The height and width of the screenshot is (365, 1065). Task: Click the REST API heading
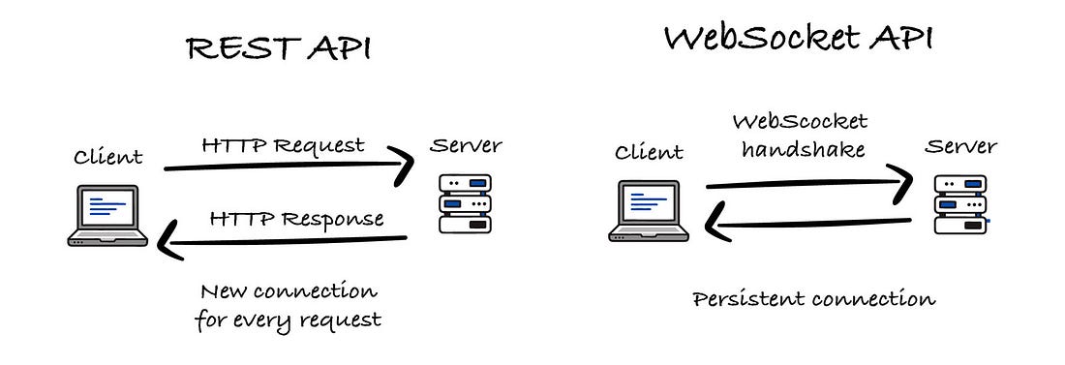pos(279,49)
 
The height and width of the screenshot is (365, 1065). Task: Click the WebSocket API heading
pos(799,38)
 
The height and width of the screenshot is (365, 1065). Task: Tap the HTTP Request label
pos(284,145)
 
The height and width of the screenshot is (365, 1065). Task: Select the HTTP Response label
pos(297,219)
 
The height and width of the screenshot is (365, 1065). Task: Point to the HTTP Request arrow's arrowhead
pos(405,166)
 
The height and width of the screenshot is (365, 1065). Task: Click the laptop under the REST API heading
pos(107,216)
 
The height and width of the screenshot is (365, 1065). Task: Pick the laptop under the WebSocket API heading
pos(649,211)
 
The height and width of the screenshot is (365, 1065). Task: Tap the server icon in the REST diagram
pos(465,204)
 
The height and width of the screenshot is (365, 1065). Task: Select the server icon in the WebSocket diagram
pos(961,204)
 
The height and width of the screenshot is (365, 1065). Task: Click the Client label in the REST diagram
pos(108,157)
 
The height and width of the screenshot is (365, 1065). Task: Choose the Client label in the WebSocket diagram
pos(649,152)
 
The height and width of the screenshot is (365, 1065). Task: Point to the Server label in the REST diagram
pos(466,145)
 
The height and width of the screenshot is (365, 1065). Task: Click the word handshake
pos(804,149)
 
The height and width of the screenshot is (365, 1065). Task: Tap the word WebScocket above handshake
pos(800,122)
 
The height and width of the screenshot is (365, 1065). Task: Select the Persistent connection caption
pos(813,299)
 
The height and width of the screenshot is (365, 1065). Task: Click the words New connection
pos(288,292)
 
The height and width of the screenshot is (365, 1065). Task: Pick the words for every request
pos(288,320)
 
